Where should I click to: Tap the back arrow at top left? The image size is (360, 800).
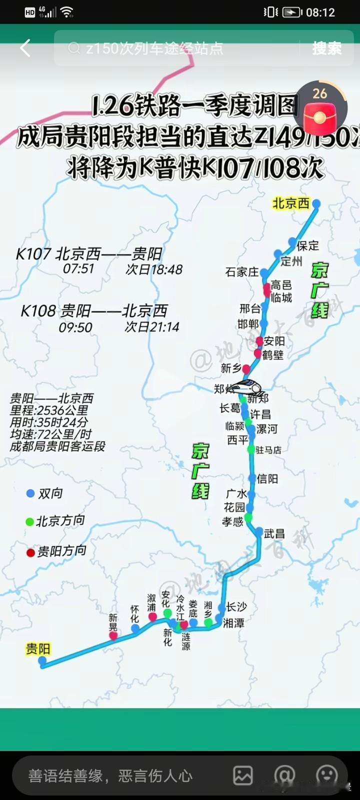pos(25,48)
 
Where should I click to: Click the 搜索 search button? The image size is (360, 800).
pos(327,48)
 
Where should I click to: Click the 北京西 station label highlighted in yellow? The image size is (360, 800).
pos(290,203)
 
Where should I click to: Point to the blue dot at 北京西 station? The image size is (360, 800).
pos(316,203)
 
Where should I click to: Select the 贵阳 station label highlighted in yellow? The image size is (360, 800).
pos(38,649)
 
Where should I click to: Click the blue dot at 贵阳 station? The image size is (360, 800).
pos(42,660)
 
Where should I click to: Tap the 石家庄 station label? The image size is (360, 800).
pos(242,272)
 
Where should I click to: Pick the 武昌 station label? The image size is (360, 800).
pos(274,534)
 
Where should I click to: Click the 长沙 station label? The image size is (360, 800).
pos(236,607)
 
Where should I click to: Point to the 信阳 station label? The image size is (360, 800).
pos(267,479)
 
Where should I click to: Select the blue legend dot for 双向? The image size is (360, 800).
pos(30,493)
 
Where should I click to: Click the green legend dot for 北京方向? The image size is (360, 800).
pos(30,521)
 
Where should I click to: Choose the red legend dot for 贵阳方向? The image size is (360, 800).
pos(30,552)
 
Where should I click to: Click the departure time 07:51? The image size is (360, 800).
pos(78,269)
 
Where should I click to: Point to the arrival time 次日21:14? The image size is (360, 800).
pos(152,327)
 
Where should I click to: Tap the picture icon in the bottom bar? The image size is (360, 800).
pos(243,775)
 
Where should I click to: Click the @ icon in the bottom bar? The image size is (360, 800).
pos(284,775)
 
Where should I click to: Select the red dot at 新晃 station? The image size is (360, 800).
pos(113,635)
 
